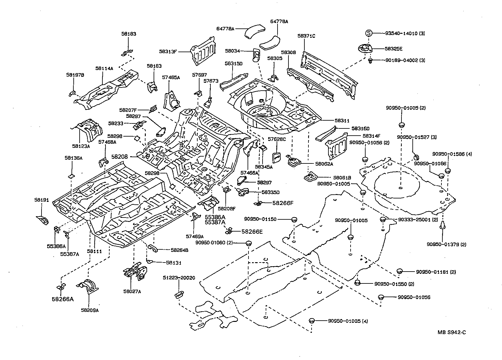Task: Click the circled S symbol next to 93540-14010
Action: (368, 33)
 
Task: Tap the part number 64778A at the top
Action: (225, 28)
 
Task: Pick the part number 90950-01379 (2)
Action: (446, 244)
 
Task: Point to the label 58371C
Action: (306, 36)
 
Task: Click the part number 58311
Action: (342, 121)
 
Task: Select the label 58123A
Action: (81, 146)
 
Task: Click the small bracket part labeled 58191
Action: (42, 220)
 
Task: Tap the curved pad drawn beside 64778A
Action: (254, 32)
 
